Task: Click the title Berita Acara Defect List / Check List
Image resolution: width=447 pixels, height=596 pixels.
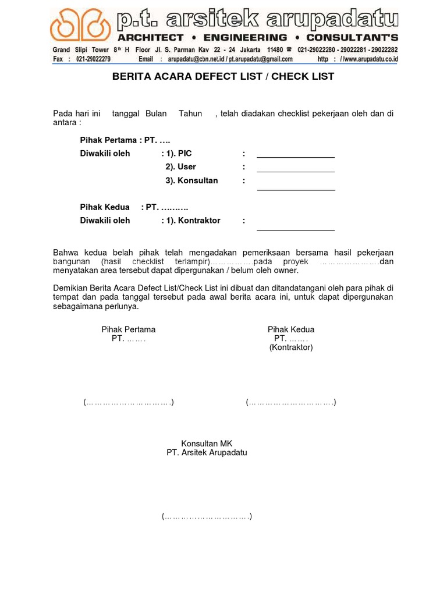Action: pos(223,77)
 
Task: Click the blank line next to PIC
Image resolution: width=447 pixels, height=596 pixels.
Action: pos(296,157)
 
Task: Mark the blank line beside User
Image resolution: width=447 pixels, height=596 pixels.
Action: pos(296,171)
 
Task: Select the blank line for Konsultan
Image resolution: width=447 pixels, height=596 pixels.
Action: pos(296,189)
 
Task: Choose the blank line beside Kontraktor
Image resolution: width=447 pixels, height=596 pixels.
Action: pos(296,230)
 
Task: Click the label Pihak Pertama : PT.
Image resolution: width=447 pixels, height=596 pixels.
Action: pos(125,140)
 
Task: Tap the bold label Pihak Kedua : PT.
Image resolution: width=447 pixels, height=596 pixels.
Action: pos(134,207)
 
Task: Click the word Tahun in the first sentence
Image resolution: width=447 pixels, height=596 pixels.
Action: pos(190,113)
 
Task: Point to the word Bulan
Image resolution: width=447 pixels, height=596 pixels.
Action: pos(156,113)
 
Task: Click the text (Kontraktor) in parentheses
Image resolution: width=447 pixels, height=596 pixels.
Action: pos(291,347)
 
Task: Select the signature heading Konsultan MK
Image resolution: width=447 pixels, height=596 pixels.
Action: pos(207,444)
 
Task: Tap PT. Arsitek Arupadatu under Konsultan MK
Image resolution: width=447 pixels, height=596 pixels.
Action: pos(207,452)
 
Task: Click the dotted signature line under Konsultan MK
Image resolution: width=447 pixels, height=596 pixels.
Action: pos(207,516)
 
